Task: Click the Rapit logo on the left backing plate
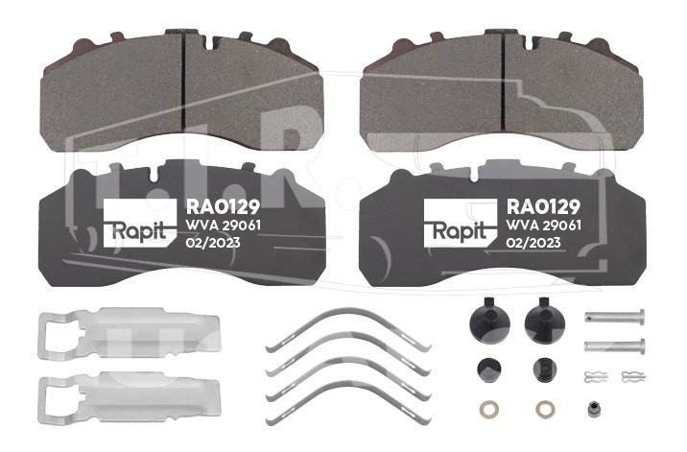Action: (x=140, y=223)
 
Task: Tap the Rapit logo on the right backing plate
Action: (x=461, y=223)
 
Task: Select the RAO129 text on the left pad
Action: (x=223, y=207)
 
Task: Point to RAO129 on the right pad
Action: (x=543, y=207)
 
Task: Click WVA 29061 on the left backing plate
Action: (x=223, y=226)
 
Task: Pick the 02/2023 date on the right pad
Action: (x=533, y=243)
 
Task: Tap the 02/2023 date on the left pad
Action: (x=213, y=243)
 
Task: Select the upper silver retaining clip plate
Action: (x=129, y=333)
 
